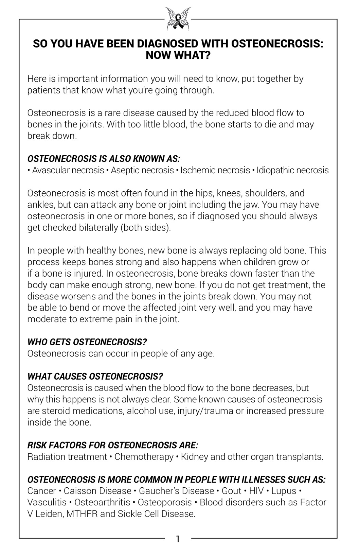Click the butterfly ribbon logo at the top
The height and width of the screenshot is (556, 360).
[x=178, y=18]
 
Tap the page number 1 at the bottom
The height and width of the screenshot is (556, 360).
[x=178, y=539]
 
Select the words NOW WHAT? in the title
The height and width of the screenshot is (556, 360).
[x=178, y=55]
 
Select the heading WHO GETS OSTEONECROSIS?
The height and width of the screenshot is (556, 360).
[x=87, y=342]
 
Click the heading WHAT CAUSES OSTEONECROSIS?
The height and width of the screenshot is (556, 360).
[x=95, y=376]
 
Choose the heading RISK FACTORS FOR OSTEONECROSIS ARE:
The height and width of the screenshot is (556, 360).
[x=113, y=445]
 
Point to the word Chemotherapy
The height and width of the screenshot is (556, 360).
[x=144, y=457]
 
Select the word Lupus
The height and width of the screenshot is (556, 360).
[x=284, y=491]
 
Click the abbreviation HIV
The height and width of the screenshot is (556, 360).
[x=256, y=491]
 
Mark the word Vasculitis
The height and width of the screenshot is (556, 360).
[x=46, y=502]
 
